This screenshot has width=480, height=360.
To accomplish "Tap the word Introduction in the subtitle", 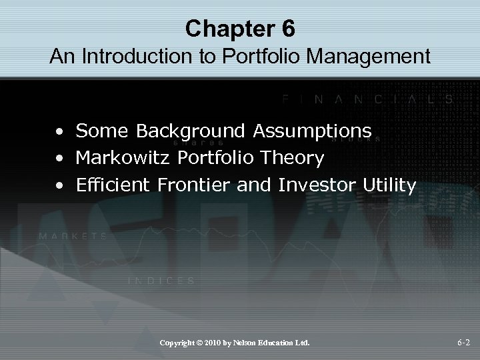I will click(x=132, y=57).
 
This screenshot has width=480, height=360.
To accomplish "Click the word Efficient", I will click(x=114, y=185).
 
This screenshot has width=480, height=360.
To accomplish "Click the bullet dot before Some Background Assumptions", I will click(x=61, y=133).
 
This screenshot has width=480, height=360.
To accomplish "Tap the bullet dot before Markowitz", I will click(x=61, y=159).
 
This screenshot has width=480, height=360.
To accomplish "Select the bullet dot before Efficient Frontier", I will click(x=61, y=186).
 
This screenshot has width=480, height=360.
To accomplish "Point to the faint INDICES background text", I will click(x=161, y=281).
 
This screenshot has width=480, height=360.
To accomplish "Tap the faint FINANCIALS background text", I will click(x=367, y=99).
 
